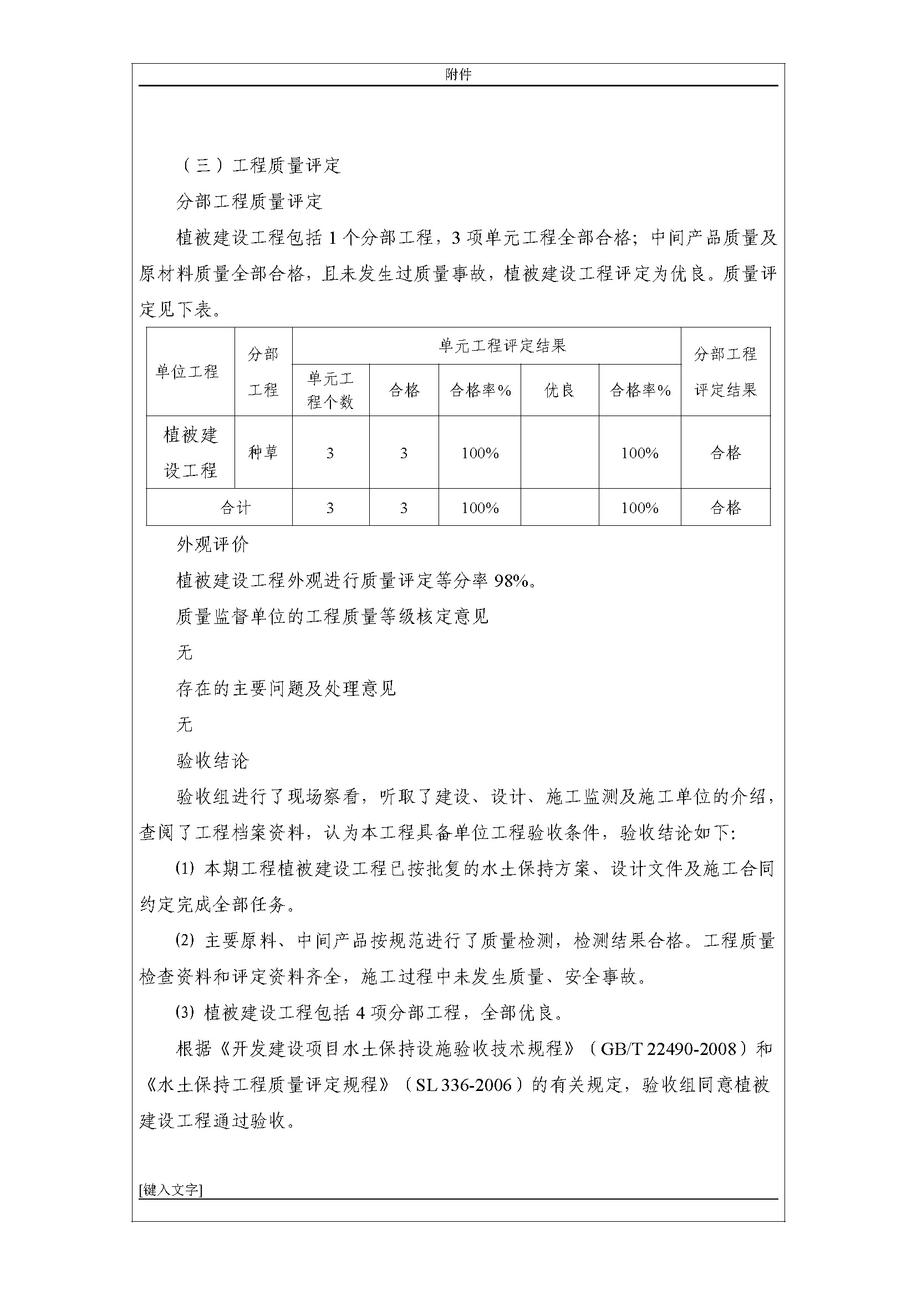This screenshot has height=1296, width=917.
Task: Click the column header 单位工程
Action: (187, 372)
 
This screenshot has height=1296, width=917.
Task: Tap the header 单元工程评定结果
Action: (502, 345)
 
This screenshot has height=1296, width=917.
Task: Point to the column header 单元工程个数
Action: (330, 390)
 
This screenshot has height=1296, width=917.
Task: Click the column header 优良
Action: (559, 390)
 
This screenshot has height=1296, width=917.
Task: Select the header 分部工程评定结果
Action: (725, 371)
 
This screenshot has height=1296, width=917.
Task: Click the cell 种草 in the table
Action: (263, 452)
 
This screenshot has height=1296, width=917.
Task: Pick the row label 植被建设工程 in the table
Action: (190, 452)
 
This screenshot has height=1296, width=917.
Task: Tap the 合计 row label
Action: (235, 508)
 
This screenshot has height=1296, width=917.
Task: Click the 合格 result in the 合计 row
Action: (725, 508)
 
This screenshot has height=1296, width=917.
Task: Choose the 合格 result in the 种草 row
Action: (725, 452)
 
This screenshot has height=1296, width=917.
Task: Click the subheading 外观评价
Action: (212, 545)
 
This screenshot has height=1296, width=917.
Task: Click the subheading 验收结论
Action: (212, 761)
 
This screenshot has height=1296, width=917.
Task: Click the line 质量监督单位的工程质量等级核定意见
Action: (332, 617)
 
